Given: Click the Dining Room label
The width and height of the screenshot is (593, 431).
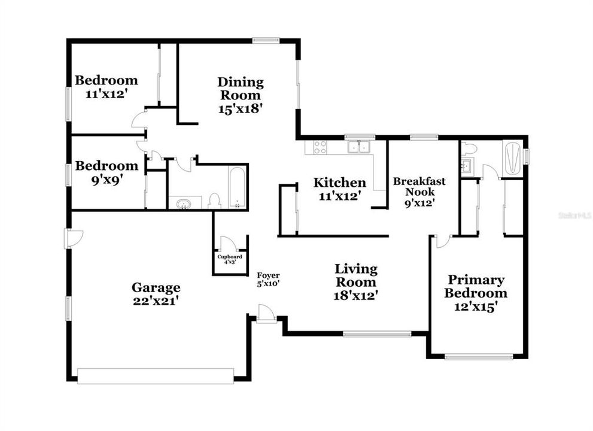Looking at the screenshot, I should point(240,89).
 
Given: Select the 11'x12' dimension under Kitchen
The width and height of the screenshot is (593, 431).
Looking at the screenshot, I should point(339,195).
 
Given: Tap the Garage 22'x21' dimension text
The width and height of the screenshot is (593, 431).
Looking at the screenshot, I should point(156,301).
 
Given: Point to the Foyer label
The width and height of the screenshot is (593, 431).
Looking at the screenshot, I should point(268,275).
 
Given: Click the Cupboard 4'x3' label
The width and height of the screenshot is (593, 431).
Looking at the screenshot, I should point(230,256).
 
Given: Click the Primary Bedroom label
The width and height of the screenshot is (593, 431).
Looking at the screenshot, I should point(477,287).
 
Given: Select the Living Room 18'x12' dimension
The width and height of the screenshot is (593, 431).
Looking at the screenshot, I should point(355,295).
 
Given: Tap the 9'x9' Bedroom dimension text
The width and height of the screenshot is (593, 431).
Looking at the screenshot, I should point(106,179).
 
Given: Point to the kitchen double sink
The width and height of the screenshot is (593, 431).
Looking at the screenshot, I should point(360,146).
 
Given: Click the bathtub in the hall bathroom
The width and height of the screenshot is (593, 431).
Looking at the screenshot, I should point(237,187).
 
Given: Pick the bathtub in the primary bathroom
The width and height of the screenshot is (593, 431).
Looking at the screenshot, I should point(512,157).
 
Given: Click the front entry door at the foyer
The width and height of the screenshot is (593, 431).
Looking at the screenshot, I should point(266,314).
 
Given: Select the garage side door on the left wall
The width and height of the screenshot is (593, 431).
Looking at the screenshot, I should point(72,238).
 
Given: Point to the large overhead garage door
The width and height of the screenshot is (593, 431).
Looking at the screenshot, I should point(155,376).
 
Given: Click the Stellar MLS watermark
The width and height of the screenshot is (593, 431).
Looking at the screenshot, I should point(574,214).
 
